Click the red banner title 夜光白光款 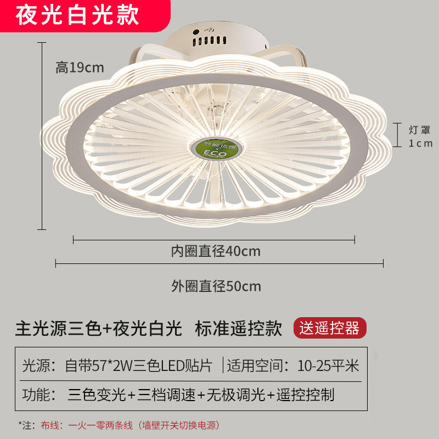click(x=77, y=15)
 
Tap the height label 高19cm click(x=80, y=67)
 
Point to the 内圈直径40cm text click(x=215, y=252)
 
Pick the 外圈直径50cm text click(x=216, y=286)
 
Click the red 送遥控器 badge click(x=330, y=328)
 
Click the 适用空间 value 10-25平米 click(x=328, y=365)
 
